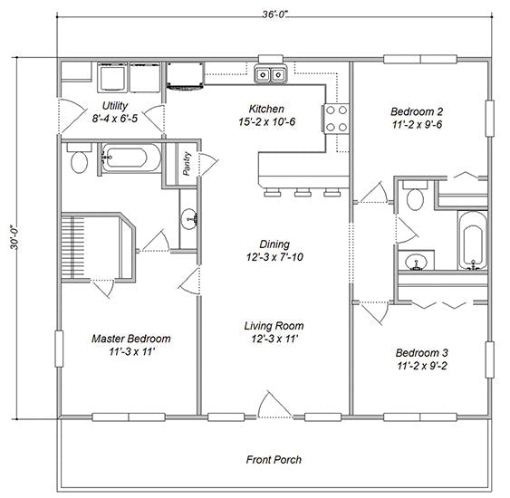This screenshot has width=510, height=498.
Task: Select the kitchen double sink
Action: (271, 74)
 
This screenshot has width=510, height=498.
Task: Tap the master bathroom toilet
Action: (79, 160)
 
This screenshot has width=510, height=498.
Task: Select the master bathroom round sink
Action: (190, 218)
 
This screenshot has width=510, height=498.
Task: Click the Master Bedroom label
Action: (130, 339)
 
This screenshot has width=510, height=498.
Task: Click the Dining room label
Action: (274, 244)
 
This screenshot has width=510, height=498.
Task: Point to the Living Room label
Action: (273, 326)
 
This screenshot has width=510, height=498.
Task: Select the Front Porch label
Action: (274, 460)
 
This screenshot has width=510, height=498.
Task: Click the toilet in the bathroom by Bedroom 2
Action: (416, 197)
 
